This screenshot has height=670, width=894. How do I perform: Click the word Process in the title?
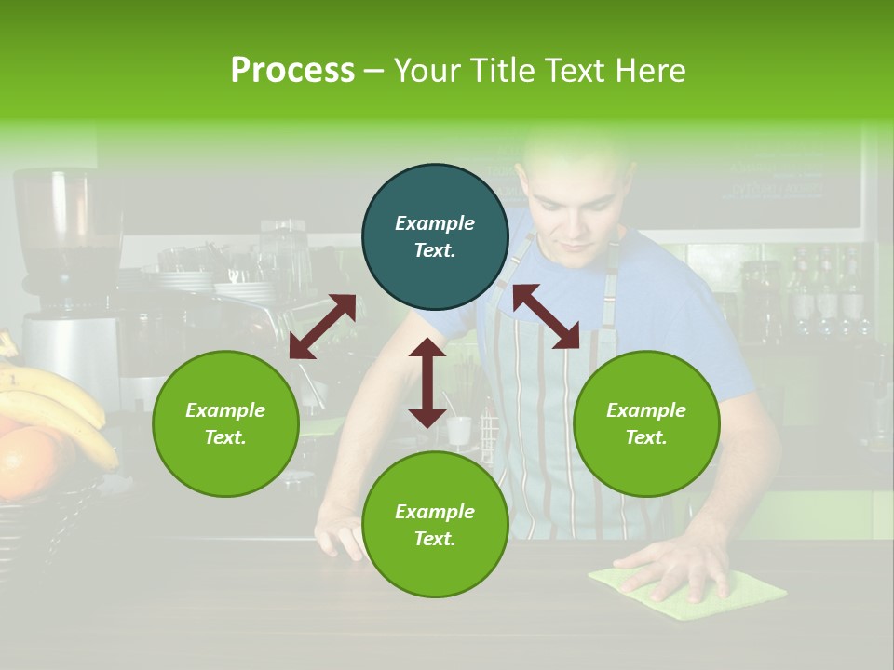(x=292, y=71)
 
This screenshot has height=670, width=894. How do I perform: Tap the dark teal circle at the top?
(x=435, y=236)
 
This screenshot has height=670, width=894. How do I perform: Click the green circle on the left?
(x=225, y=423)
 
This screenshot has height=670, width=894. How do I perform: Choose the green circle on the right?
(x=646, y=423)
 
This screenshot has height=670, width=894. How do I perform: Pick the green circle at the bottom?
(x=435, y=525)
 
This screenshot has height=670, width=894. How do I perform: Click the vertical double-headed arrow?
(x=427, y=382)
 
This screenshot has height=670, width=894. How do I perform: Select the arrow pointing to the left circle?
(x=322, y=326)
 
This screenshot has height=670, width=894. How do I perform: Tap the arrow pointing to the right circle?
(x=547, y=316)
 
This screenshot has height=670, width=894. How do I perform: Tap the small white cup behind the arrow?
(x=459, y=430)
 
